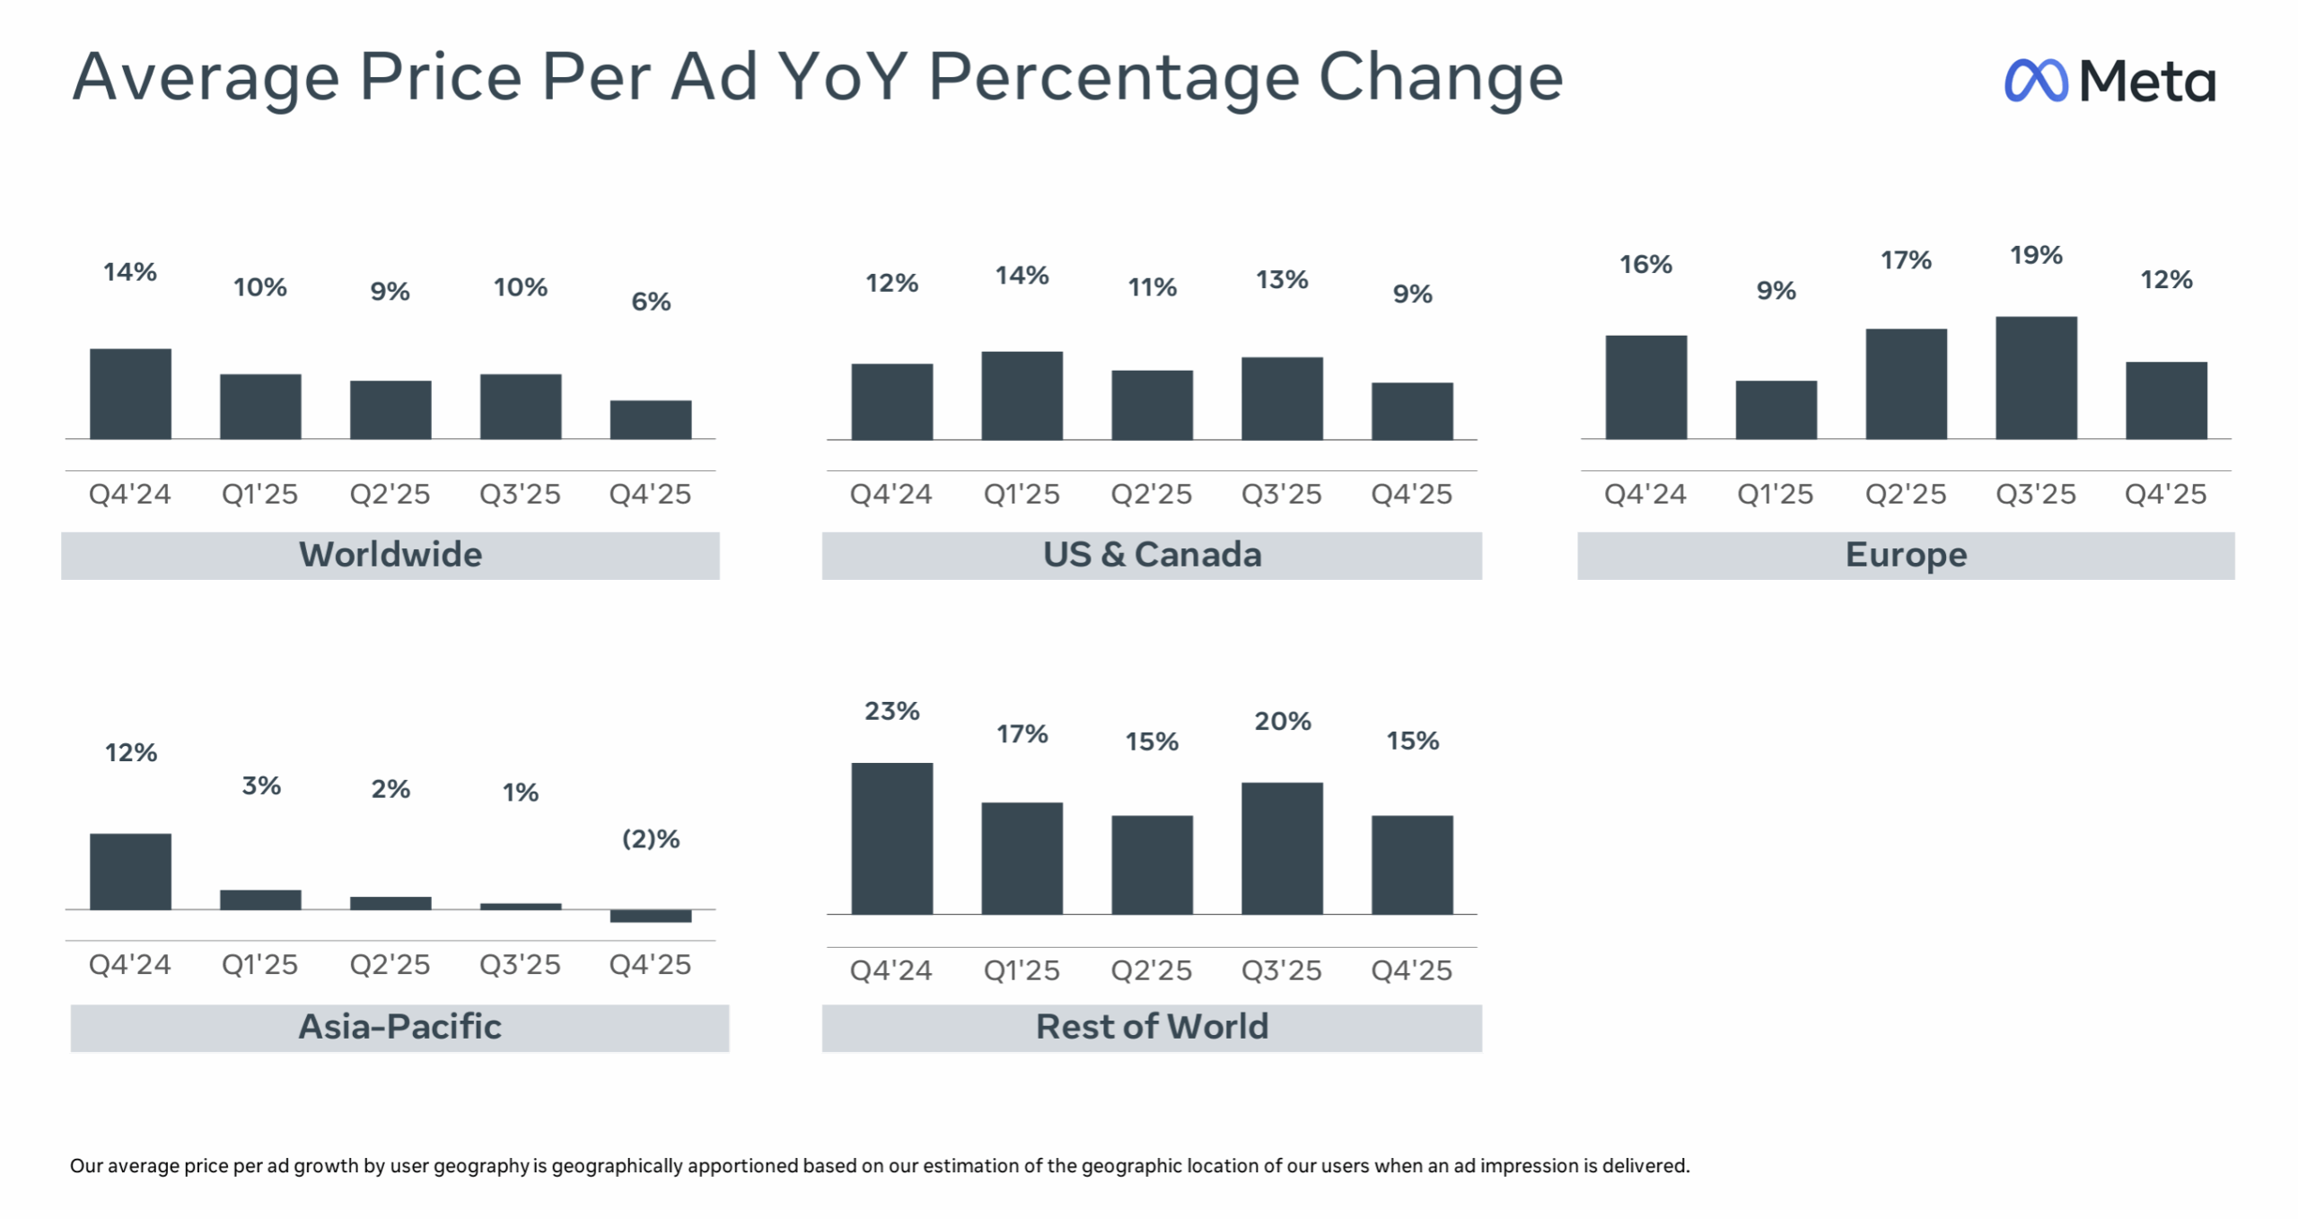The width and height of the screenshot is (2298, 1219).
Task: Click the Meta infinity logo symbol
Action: [2035, 81]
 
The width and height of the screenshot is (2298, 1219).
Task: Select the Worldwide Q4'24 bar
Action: [130, 393]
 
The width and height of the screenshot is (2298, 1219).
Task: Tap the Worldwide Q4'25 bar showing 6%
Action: [651, 419]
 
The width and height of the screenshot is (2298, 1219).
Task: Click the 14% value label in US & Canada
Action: [1022, 276]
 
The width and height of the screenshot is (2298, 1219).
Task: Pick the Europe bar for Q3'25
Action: [2036, 377]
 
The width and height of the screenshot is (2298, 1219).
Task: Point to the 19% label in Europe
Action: [2036, 256]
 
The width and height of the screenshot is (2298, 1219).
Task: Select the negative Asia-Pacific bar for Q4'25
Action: [651, 916]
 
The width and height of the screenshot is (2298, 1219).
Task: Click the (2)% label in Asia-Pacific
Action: [651, 839]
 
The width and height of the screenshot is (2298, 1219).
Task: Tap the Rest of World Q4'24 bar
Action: [891, 838]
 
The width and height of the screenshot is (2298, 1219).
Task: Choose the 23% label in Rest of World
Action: [891, 712]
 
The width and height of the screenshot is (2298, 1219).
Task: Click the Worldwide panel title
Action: [390, 555]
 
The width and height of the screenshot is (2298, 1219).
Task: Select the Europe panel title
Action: [1906, 555]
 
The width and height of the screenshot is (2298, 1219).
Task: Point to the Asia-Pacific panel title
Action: [399, 1027]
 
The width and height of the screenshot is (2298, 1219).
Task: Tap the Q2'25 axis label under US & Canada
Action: [1152, 495]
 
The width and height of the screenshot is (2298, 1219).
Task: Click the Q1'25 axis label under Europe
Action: [1775, 495]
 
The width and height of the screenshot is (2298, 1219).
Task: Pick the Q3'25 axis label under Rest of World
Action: [1281, 970]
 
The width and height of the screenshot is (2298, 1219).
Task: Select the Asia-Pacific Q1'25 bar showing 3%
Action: [260, 899]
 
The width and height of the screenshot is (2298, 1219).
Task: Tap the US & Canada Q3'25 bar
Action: [1282, 399]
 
